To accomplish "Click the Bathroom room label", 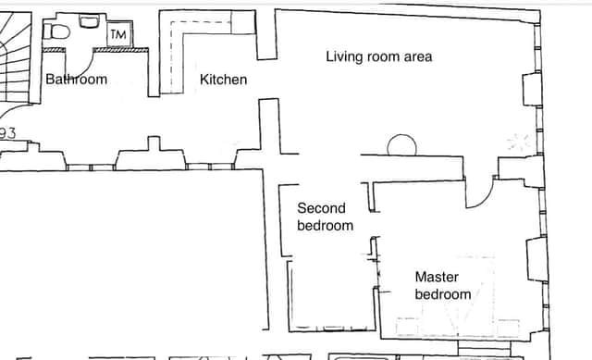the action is pyautogui.click(x=76, y=80).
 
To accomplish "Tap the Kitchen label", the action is pyautogui.click(x=224, y=80).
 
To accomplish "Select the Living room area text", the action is pyautogui.click(x=379, y=56).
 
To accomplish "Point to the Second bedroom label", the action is pyautogui.click(x=325, y=217).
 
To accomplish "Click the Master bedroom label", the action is pyautogui.click(x=443, y=286).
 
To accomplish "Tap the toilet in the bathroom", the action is pyautogui.click(x=56, y=31).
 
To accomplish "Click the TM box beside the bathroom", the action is pyautogui.click(x=119, y=34).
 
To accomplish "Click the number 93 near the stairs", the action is pyautogui.click(x=7, y=133).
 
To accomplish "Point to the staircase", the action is pyautogui.click(x=15, y=57).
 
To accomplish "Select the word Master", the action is pyautogui.click(x=437, y=277).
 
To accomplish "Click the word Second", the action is pyautogui.click(x=321, y=208).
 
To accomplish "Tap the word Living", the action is pyautogui.click(x=341, y=57).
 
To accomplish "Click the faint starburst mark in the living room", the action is pyautogui.click(x=518, y=142).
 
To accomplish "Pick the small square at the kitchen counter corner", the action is pyautogui.click(x=243, y=22).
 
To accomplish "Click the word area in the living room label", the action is pyautogui.click(x=418, y=57).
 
